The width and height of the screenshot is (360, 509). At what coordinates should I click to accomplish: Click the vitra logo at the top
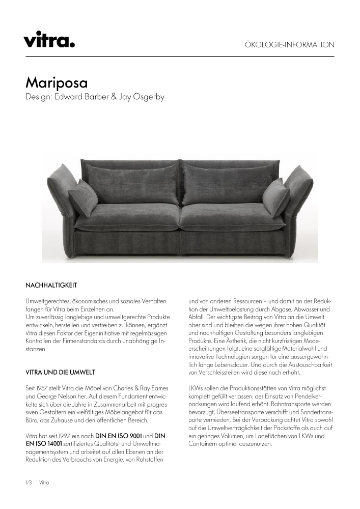click(49, 39)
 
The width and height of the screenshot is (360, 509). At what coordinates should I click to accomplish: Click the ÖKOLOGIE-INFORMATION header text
click(290, 45)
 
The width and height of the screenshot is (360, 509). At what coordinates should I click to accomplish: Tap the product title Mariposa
click(57, 82)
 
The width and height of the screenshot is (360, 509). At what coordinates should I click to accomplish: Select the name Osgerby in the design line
click(147, 97)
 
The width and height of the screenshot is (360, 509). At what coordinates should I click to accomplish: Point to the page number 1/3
click(29, 482)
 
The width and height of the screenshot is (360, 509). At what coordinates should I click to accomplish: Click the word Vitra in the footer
click(44, 482)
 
